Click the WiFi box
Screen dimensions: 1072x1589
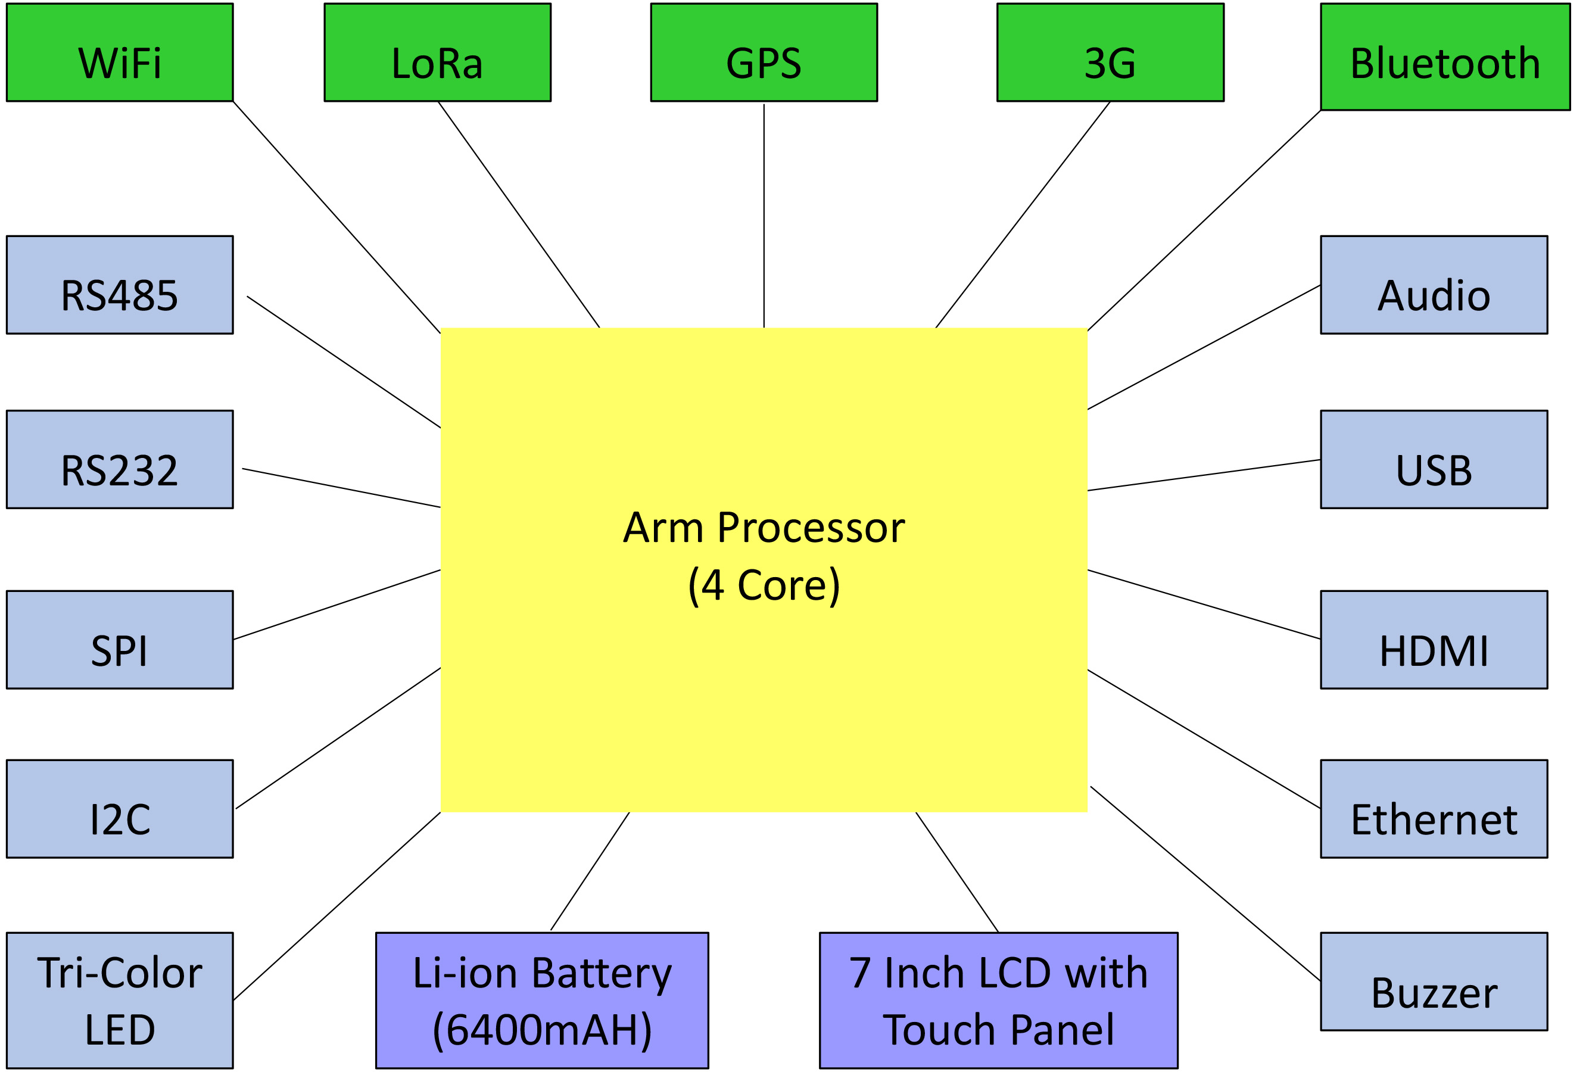pyautogui.click(x=120, y=52)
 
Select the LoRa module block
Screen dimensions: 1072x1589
pyautogui.click(x=437, y=52)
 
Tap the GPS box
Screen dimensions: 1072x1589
pyautogui.click(x=763, y=52)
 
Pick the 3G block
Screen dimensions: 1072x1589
pyautogui.click(x=1110, y=52)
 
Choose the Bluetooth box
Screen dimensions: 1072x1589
pyautogui.click(x=1445, y=57)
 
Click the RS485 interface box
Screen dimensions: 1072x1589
pyautogui.click(x=120, y=285)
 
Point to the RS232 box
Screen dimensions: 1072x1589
pyautogui.click(x=120, y=459)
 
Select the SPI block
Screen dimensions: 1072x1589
pyautogui.click(x=120, y=640)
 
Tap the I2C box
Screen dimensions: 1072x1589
pyautogui.click(x=120, y=809)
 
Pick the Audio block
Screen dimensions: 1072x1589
pyautogui.click(x=1434, y=285)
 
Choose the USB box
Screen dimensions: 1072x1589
pyautogui.click(x=1434, y=459)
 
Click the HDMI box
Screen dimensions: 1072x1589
pyautogui.click(x=1434, y=640)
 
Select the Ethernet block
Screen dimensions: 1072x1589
pyautogui.click(x=1434, y=809)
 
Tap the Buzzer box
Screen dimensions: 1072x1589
pyautogui.click(x=1434, y=981)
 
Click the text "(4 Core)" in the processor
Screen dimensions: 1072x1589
pyautogui.click(x=764, y=585)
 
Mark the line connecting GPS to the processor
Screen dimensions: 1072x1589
pyautogui.click(x=764, y=216)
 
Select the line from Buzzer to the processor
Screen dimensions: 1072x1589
pyautogui.click(x=1205, y=883)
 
